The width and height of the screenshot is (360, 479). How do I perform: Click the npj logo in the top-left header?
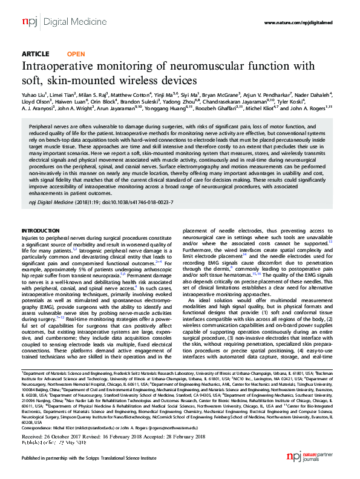[x=28, y=21]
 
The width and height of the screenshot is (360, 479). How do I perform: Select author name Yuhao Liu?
[x=34, y=95]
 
